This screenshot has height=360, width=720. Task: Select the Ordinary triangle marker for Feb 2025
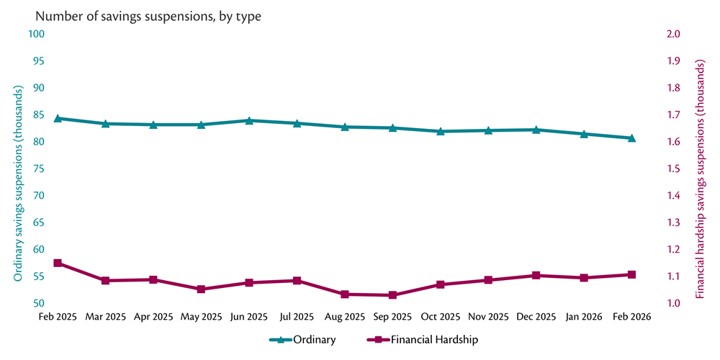pos(58,118)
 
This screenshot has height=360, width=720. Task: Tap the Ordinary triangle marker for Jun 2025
pos(249,120)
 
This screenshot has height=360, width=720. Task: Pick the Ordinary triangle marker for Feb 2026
pos(631,138)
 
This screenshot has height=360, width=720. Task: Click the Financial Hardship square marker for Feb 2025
pos(58,264)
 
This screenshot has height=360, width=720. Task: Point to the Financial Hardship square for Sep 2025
pos(392,295)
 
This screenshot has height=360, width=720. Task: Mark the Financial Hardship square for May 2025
pos(201,289)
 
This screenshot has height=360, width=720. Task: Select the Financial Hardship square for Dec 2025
pos(536,276)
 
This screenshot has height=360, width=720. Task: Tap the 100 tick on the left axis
pos(37,34)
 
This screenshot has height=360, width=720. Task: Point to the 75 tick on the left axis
pos(39,168)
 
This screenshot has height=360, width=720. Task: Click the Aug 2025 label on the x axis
pos(345,317)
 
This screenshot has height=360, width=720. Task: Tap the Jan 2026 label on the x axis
pos(584,317)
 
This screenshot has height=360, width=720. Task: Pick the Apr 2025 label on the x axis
pos(153,317)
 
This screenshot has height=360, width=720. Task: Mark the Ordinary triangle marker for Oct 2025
pos(440,131)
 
